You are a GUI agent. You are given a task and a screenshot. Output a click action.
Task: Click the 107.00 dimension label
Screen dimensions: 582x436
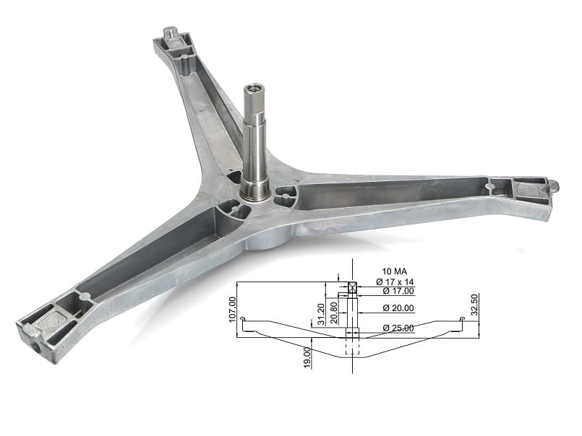233,310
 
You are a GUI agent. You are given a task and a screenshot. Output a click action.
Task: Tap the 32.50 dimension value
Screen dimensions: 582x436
474,305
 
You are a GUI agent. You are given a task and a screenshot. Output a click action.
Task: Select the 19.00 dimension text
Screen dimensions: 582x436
307,357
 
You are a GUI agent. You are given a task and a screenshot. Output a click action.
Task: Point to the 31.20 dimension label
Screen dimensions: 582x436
321,314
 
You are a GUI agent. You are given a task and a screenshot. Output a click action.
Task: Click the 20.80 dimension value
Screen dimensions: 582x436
334,313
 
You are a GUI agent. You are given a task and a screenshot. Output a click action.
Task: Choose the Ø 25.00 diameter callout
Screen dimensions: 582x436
398,328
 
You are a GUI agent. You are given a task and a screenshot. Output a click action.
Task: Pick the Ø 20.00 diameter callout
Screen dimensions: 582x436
398,308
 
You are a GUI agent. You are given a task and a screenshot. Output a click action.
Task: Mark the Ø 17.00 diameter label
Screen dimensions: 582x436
398,291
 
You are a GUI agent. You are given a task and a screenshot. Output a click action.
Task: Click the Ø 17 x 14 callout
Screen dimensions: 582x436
395,282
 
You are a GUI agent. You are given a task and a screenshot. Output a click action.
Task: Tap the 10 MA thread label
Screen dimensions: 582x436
395,271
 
